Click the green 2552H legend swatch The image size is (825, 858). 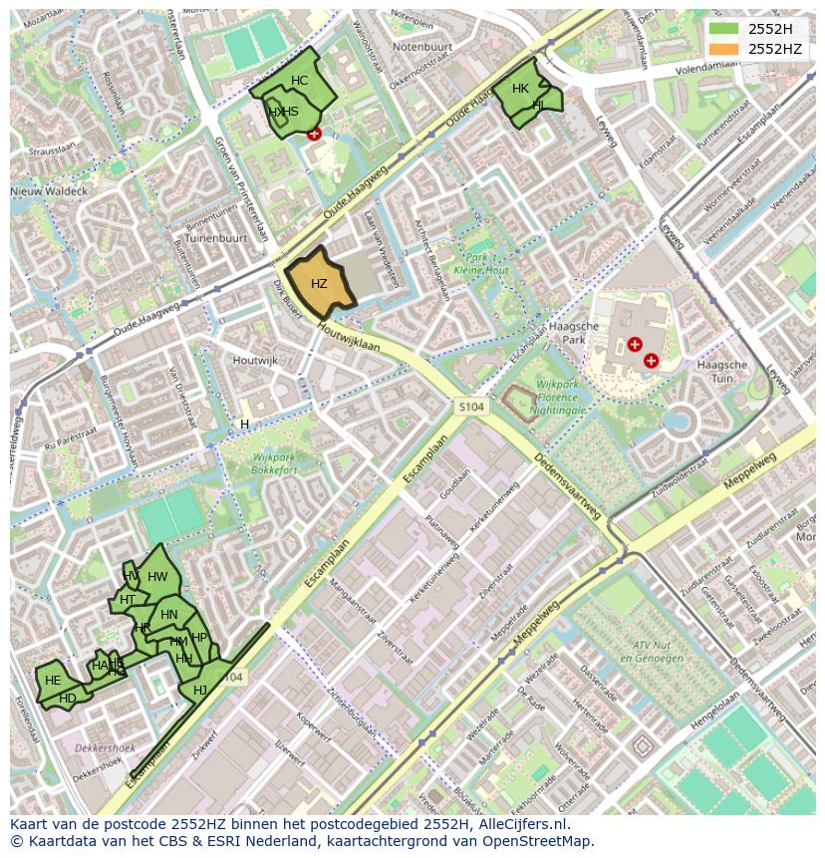tap(724, 29)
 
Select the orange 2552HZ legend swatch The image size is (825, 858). tap(724, 48)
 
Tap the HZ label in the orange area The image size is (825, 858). tap(319, 284)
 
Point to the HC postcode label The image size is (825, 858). tap(299, 81)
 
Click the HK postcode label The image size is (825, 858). tap(520, 89)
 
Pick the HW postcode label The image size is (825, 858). tap(157, 577)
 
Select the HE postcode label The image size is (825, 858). tap(53, 681)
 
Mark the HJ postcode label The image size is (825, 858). tap(200, 691)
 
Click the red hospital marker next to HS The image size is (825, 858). tap(315, 134)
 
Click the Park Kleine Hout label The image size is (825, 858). tap(481, 264)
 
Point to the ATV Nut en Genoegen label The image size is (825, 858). tap(648, 652)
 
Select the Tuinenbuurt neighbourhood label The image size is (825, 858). tap(216, 239)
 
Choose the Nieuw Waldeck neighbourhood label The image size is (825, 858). tap(49, 190)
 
